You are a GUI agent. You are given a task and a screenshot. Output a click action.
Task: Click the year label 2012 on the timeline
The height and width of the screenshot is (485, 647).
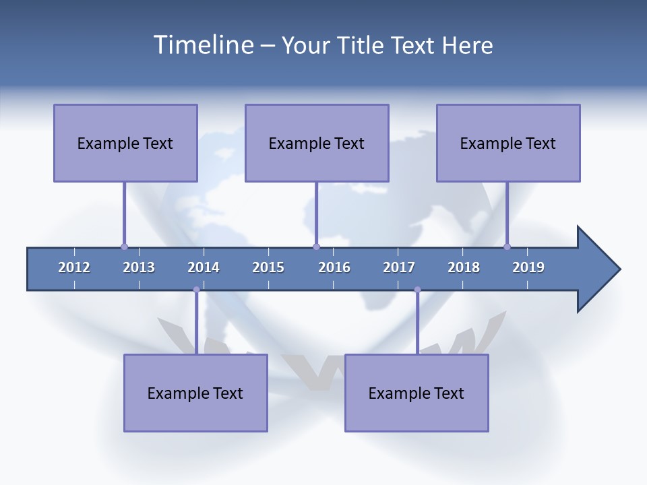click(x=74, y=267)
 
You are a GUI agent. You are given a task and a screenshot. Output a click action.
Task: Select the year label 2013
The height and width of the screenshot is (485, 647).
click(x=139, y=267)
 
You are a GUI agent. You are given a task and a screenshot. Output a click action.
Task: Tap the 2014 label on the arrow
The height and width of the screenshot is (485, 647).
click(x=204, y=267)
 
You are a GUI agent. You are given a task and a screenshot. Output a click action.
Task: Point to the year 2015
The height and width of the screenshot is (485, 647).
click(x=268, y=267)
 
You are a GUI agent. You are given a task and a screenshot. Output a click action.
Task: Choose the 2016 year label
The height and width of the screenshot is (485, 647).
click(x=334, y=267)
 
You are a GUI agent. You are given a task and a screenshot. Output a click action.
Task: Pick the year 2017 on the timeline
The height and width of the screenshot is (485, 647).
click(x=399, y=267)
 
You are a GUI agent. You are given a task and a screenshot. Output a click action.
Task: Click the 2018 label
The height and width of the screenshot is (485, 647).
click(x=464, y=267)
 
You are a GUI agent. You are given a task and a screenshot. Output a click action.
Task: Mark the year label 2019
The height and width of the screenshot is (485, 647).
click(x=528, y=267)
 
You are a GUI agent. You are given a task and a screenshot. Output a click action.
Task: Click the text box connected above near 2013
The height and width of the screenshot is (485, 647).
click(x=125, y=143)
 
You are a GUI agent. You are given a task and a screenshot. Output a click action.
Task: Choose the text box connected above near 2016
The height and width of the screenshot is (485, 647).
click(x=317, y=143)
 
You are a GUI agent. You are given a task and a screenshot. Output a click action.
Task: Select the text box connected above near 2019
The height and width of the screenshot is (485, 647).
click(x=508, y=143)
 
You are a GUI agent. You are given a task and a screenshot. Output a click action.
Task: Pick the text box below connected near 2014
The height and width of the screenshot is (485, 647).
click(x=195, y=393)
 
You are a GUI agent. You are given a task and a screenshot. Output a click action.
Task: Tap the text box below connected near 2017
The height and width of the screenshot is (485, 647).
click(x=417, y=393)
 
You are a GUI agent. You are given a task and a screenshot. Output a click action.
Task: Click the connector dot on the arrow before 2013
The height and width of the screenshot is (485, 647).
click(x=124, y=247)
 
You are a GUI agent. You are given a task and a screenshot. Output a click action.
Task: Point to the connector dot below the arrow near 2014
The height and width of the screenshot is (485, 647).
click(x=196, y=290)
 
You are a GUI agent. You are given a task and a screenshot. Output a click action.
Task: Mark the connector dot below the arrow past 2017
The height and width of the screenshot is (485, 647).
click(x=417, y=290)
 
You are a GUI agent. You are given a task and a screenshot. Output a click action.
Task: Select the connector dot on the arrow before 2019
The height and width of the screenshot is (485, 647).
click(x=507, y=247)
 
